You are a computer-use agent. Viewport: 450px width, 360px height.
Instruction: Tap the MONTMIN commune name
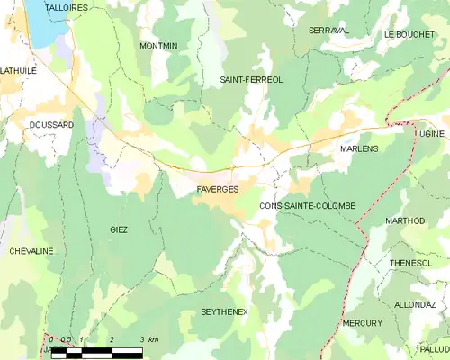click(158, 45)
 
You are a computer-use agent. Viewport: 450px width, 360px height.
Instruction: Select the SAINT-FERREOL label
click(252, 80)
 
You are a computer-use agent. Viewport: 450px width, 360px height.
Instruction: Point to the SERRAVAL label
click(328, 31)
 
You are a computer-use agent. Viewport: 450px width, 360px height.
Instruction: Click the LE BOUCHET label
click(409, 34)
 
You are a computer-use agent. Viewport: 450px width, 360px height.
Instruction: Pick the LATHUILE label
click(18, 69)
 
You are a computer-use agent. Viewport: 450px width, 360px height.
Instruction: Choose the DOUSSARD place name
click(50, 125)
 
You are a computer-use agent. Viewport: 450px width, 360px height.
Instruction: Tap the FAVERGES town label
click(217, 190)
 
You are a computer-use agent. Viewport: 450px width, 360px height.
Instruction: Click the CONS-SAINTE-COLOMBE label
click(307, 206)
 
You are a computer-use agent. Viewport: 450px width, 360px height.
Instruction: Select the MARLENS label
click(359, 148)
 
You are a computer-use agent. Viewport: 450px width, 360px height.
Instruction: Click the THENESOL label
click(412, 263)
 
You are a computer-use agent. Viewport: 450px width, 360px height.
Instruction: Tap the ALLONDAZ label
click(415, 305)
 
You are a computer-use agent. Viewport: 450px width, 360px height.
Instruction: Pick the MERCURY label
click(362, 322)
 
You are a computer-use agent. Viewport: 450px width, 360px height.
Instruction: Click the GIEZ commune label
click(119, 229)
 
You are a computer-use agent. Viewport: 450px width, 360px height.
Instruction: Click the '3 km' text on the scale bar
click(148, 339)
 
